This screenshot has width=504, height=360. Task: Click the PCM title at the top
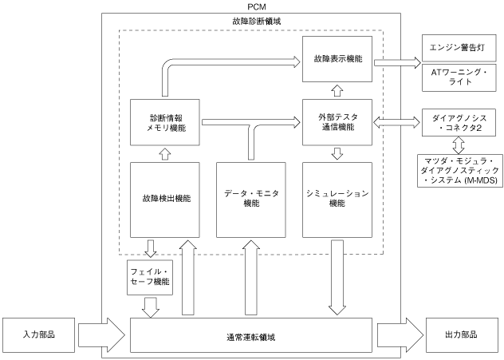[x=257, y=6]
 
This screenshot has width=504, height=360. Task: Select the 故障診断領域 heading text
[x=257, y=22]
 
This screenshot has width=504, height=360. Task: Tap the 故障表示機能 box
[x=337, y=59]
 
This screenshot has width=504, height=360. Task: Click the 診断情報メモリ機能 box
[x=165, y=122]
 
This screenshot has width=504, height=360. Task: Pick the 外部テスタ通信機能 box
[x=337, y=122]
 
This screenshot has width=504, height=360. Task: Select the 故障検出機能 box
[x=165, y=200]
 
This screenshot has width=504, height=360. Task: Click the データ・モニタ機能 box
[x=251, y=200]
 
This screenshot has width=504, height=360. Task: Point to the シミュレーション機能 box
[x=337, y=200]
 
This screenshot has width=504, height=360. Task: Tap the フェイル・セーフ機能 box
[x=150, y=277]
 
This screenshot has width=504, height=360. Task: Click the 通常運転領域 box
[x=251, y=335]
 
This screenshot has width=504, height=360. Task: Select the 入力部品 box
[x=38, y=335]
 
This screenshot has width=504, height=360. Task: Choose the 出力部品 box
[x=461, y=335]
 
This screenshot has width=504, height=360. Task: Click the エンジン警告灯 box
[x=459, y=48]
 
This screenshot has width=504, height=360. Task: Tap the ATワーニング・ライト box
[x=459, y=77]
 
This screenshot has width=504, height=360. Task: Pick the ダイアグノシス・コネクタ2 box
[x=459, y=123]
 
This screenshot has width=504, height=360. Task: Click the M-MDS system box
[x=459, y=171]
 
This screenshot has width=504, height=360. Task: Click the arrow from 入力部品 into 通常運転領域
[x=101, y=335]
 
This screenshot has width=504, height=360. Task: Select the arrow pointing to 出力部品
[x=400, y=335]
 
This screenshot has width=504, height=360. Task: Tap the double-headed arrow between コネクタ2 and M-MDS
[x=459, y=145]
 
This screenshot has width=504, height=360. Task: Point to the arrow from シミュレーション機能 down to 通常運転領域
[x=337, y=277]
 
